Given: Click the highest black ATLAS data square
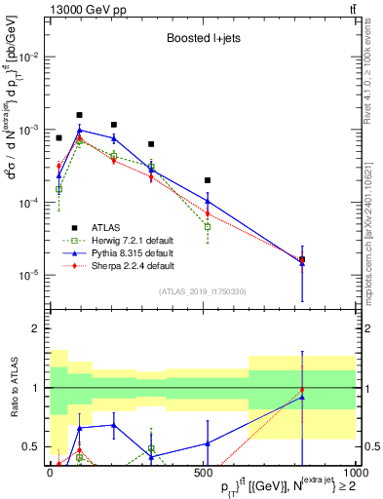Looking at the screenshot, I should coord(80,114).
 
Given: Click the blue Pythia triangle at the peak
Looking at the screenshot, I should coord(80,130).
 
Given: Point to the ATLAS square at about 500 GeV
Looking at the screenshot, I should coord(208,180).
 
